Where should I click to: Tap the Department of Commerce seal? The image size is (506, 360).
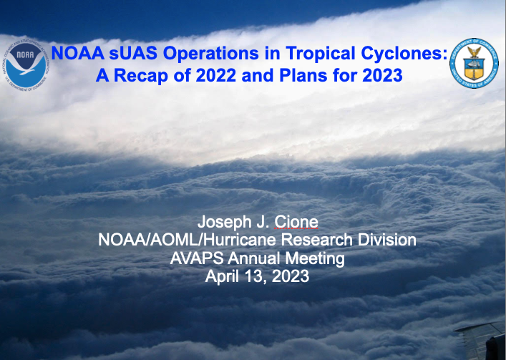474,63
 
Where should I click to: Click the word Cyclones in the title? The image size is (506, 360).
404,53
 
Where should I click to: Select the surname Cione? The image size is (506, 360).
296,222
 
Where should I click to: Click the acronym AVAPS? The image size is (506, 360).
197,258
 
